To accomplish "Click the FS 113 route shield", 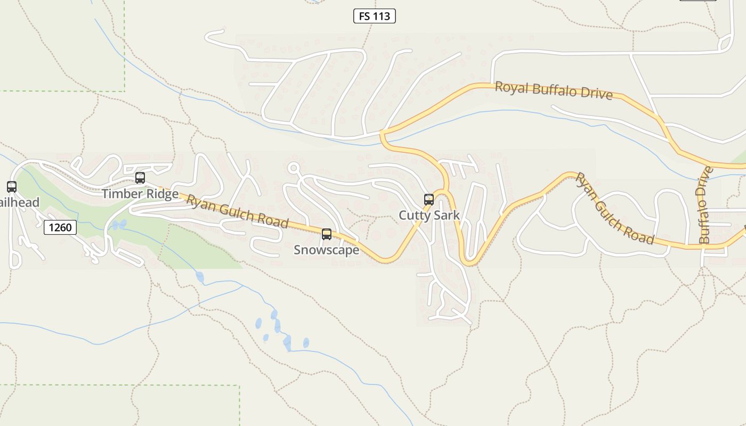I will [375, 16].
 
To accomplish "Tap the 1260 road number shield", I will [60, 227].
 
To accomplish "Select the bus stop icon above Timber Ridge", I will [140, 178].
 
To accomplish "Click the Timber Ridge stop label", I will [140, 193].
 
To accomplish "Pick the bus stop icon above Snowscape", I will [327, 234].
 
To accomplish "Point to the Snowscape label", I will [327, 250].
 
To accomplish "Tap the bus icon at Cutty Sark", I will [429, 200].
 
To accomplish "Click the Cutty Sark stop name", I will [429, 215].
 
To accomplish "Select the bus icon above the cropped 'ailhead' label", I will [12, 187].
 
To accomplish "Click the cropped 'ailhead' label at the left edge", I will [20, 202].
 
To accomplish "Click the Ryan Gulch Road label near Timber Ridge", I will [237, 211].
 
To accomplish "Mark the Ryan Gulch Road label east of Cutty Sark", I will [614, 209].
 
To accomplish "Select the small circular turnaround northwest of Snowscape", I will [293, 168].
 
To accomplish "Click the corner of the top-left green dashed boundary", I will [125, 91].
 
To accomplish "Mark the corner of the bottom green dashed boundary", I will [239, 386].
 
